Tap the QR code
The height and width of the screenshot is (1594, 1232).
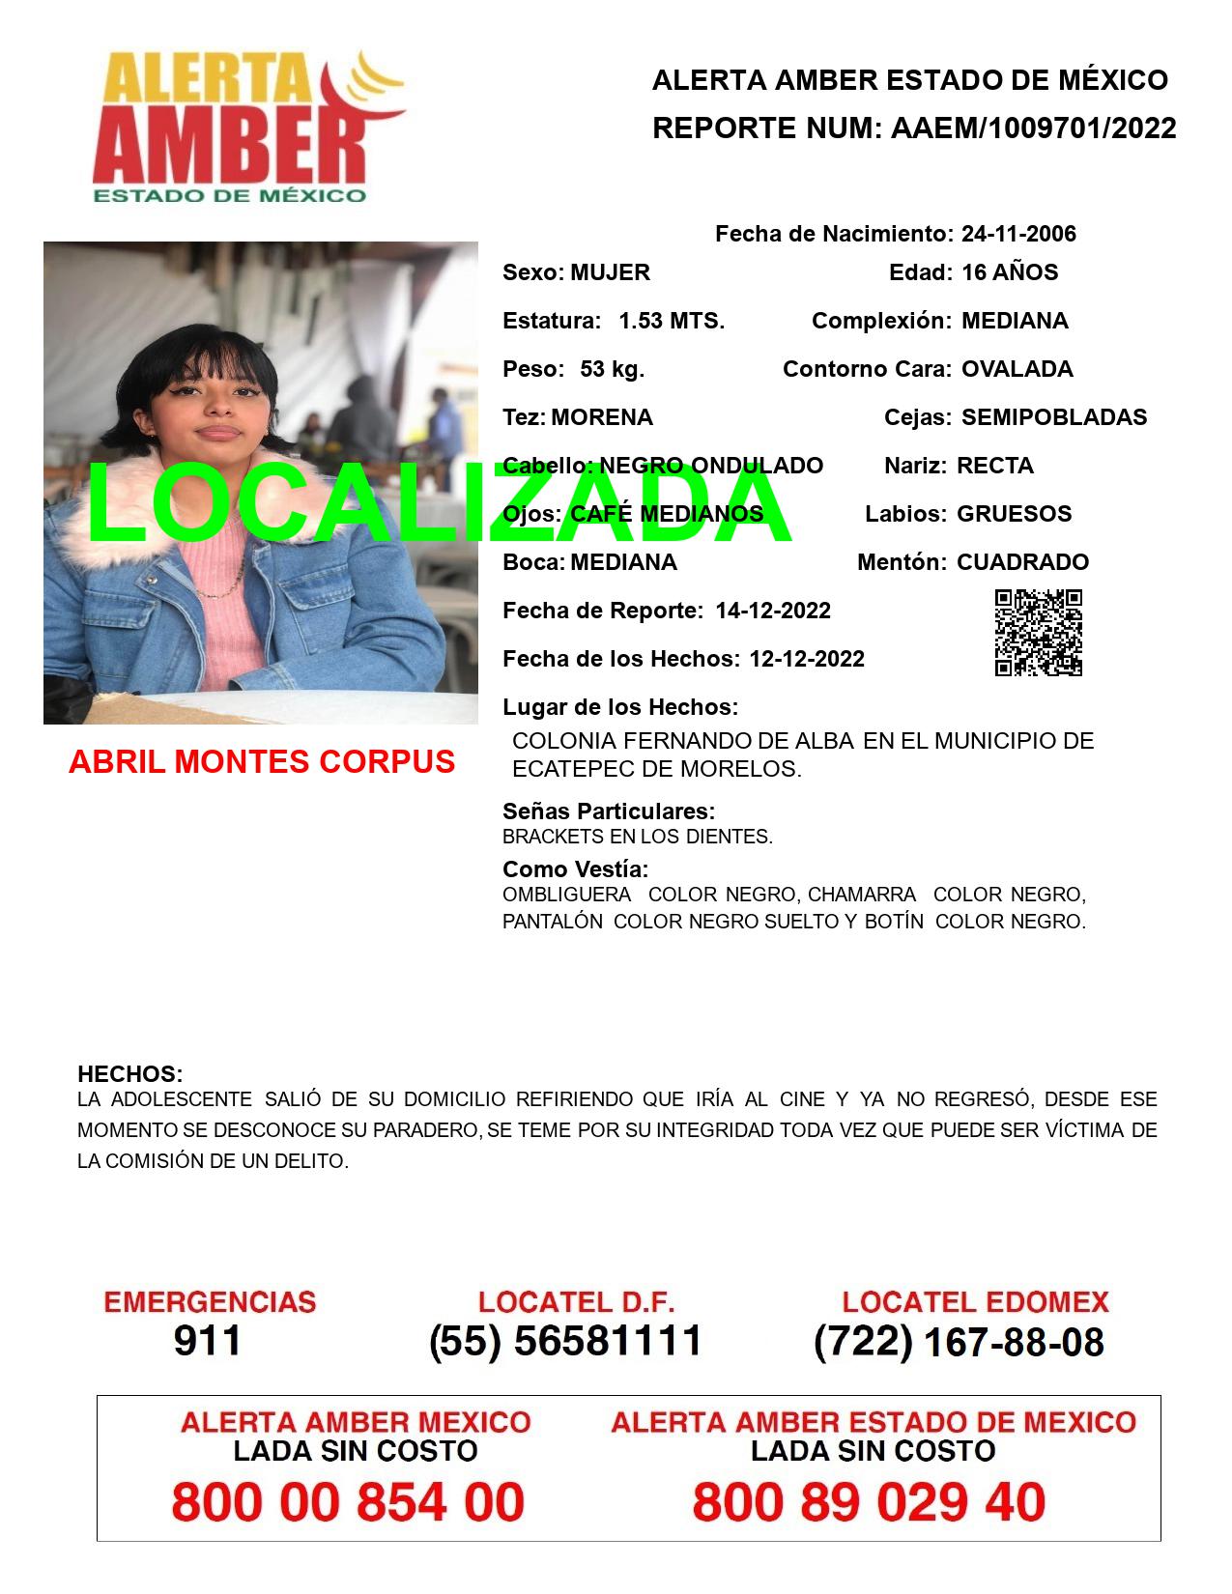(1039, 633)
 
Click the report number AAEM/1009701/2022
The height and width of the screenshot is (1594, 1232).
(1033, 128)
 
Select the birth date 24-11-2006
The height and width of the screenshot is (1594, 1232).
(1018, 234)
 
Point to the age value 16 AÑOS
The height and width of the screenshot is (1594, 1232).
(1010, 272)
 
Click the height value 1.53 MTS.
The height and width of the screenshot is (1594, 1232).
(672, 321)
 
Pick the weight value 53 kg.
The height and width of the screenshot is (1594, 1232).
(612, 369)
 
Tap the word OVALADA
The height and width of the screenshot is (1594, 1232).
(1017, 369)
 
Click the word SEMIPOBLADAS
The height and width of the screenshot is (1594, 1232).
(1054, 417)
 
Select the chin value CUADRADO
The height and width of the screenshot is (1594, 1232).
(1022, 562)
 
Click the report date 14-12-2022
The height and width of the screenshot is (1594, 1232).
(773, 611)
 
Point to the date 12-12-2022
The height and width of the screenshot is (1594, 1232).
(807, 659)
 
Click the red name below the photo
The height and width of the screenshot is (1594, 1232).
(262, 762)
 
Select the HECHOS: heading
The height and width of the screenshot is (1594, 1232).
(130, 1074)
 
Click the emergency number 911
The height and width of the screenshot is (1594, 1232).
(208, 1341)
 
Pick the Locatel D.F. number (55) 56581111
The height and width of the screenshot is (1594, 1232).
(566, 1341)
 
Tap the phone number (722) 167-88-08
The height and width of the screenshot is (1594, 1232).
(959, 1341)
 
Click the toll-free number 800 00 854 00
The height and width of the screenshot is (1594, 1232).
(348, 1503)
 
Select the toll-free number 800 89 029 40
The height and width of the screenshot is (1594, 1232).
(869, 1503)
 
